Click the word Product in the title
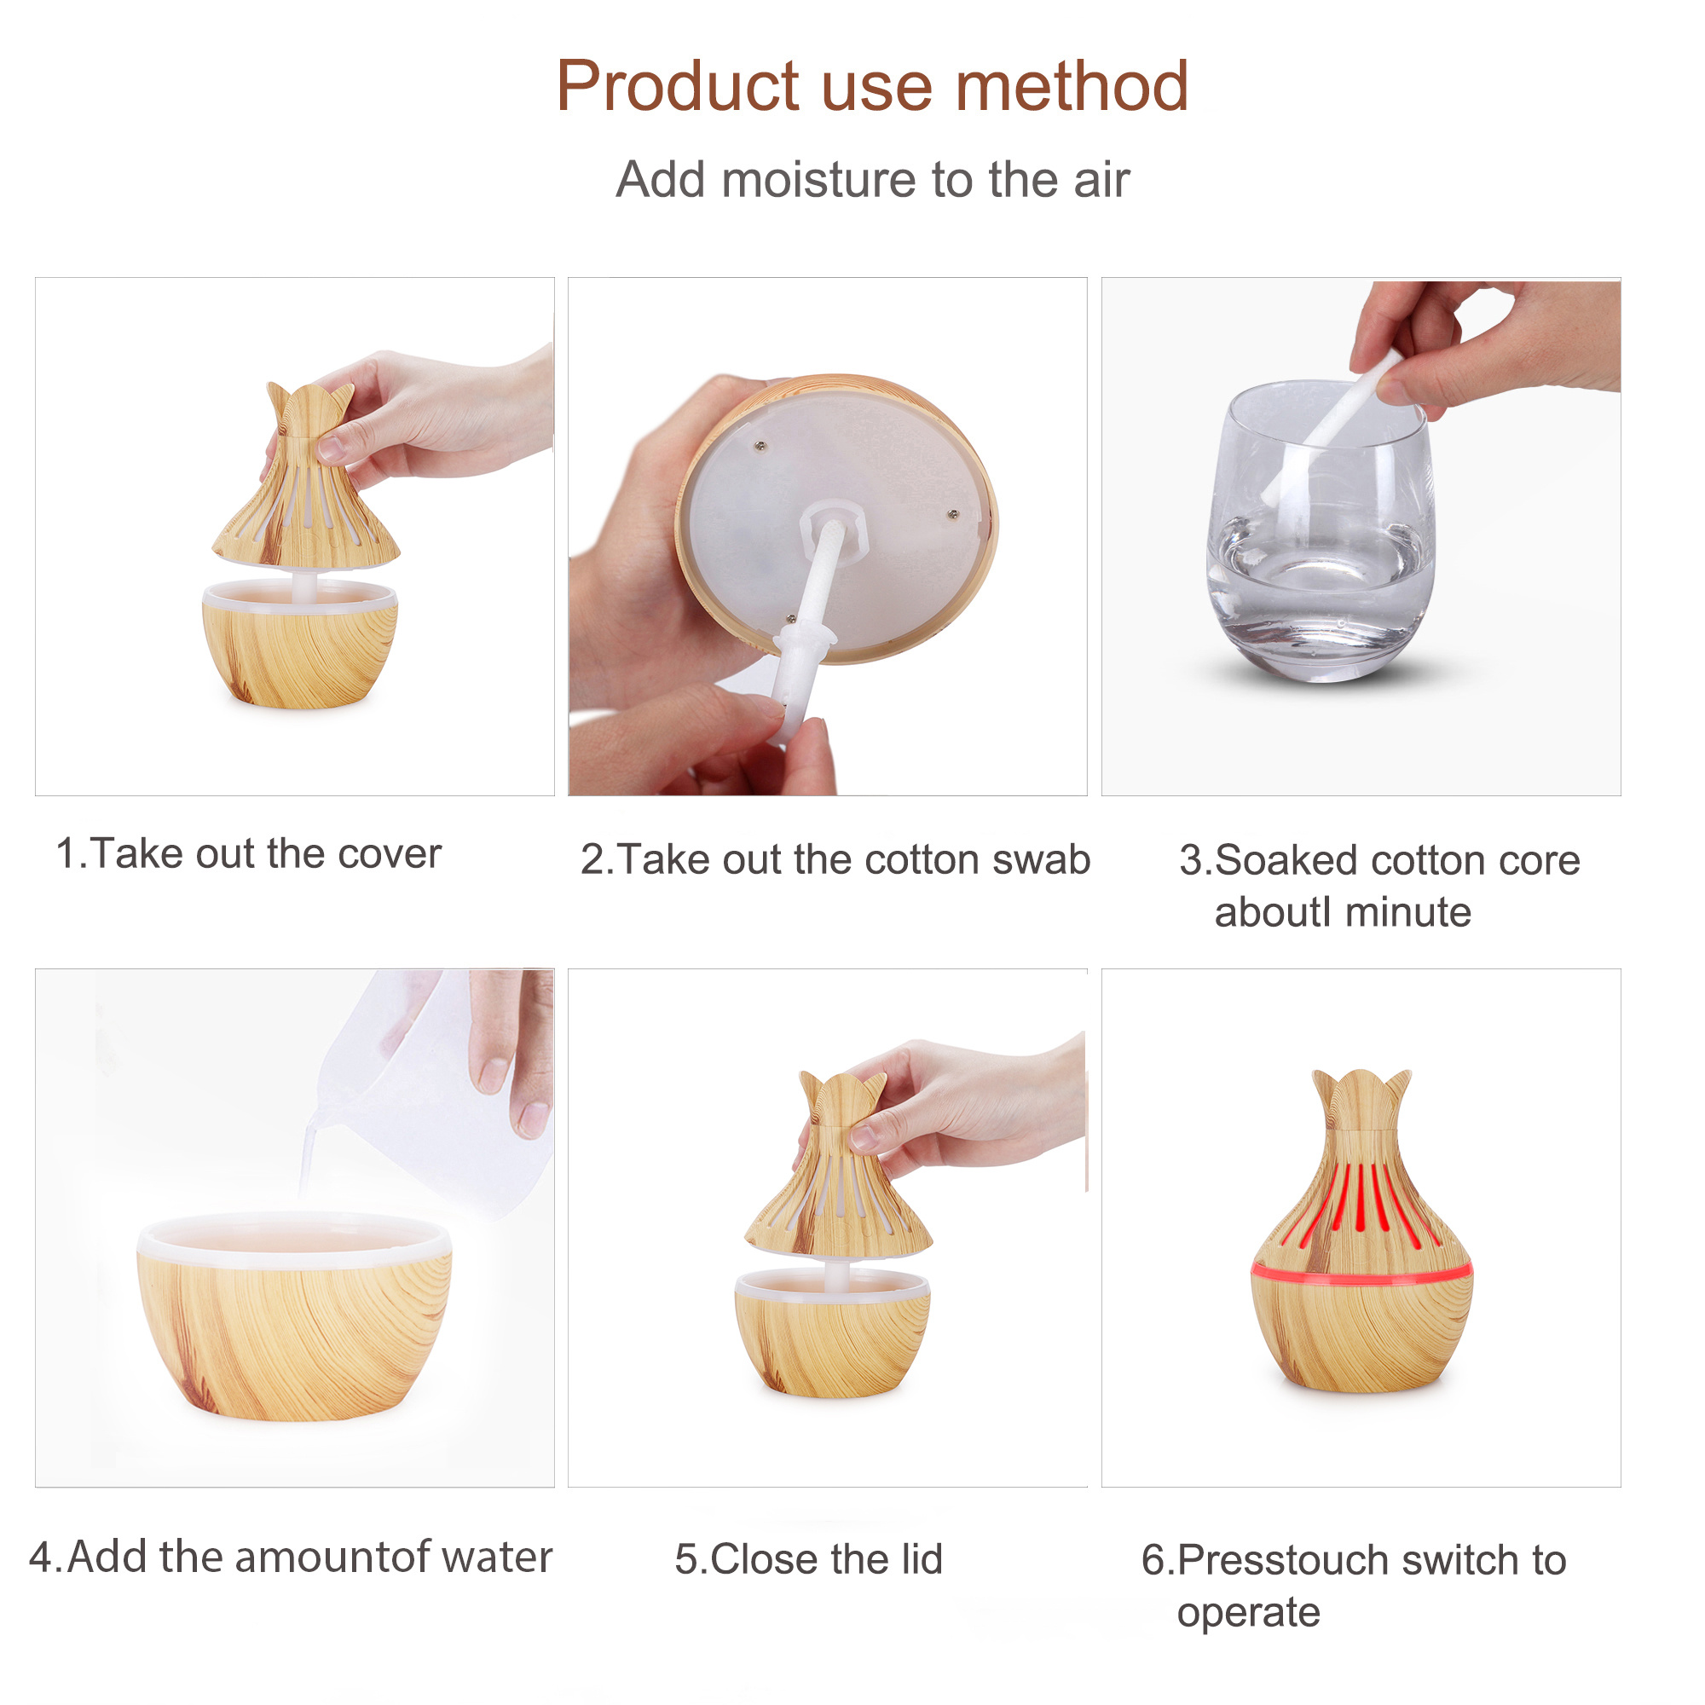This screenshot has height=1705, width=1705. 677,86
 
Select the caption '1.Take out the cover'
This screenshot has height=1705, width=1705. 248,854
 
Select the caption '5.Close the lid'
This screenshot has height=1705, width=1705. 808,1559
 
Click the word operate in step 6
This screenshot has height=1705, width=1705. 1248,1613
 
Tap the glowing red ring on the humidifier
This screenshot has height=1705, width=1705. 1361,1272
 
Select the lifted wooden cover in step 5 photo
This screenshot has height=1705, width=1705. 838,1164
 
